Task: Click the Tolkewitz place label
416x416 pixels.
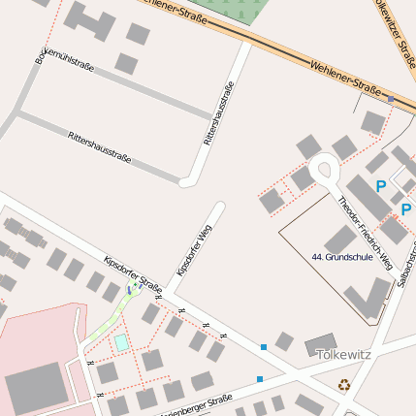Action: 343,355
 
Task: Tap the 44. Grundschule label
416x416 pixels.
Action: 342,257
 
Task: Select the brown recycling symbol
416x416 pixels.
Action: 344,384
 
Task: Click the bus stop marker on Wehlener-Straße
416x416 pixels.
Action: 391,99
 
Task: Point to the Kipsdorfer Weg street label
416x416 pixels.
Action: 193,246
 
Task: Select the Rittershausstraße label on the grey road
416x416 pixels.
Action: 99,146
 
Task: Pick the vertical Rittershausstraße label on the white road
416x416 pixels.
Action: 219,112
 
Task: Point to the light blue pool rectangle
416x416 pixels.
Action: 121,342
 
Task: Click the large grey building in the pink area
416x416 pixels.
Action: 37,389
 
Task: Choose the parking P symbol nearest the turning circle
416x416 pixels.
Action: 381,185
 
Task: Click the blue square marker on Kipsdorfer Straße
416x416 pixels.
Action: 263,346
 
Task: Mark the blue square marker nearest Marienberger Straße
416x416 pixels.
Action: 259,378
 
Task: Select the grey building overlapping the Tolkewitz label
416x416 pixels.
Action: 320,345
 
